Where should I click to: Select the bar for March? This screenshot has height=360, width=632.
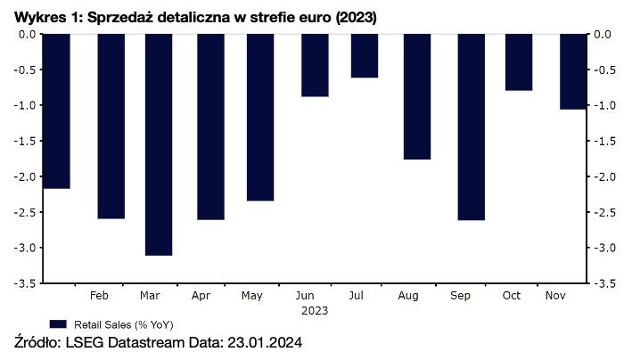coord(159,144)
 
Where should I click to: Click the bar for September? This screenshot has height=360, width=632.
coord(471,127)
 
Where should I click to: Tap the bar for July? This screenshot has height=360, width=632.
coord(364,55)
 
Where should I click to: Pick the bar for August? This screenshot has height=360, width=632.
coord(417,96)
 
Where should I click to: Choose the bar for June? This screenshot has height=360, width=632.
coord(315,65)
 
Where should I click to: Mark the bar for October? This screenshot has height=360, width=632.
coord(519,62)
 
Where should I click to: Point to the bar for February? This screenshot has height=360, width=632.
coord(111,126)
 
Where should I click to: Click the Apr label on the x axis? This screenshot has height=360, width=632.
coord(201,295)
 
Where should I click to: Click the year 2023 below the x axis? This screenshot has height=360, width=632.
coord(314,310)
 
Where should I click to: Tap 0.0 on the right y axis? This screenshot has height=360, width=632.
coord(603,34)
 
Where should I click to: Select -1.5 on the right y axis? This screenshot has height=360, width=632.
coord(603,141)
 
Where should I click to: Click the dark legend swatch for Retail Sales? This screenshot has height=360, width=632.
coord(58,324)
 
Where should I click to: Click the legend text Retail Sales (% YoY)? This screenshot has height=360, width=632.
coord(116,324)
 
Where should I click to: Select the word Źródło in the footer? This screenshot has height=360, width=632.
coord(39,343)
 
